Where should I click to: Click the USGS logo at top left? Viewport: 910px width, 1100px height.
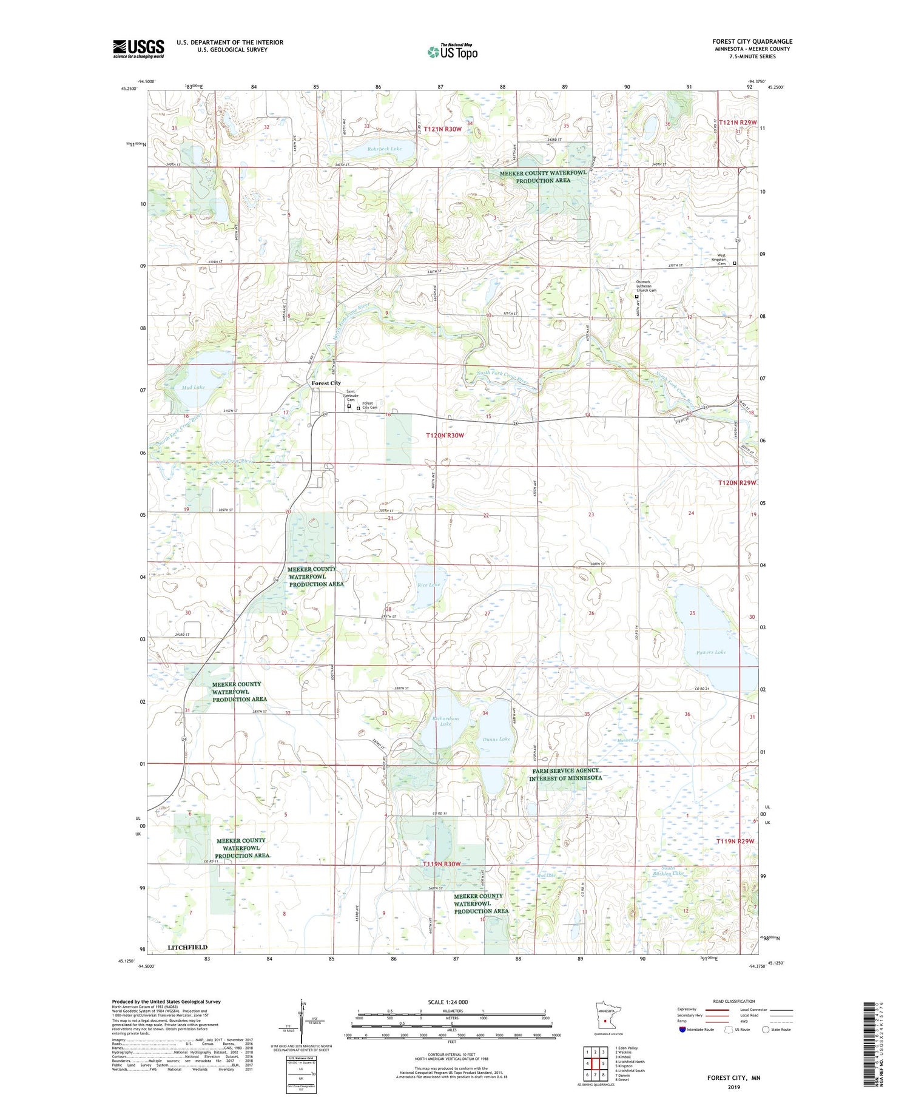(138, 49)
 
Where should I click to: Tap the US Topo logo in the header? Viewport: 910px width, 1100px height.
(453, 52)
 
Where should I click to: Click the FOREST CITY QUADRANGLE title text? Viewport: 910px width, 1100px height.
(752, 41)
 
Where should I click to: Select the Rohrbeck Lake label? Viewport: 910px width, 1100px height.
(384, 149)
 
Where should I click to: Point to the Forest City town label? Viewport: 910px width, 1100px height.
(326, 383)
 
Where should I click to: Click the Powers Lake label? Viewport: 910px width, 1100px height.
(711, 652)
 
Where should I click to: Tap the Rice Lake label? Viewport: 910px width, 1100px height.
(428, 585)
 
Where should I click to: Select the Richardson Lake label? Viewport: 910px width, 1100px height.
(445, 721)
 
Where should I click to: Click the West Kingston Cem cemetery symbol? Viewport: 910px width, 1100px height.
(735, 263)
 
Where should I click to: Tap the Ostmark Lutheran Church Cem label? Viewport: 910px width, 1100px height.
(646, 286)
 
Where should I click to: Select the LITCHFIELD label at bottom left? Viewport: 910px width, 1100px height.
(187, 947)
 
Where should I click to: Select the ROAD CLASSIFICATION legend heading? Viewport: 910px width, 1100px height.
(734, 1001)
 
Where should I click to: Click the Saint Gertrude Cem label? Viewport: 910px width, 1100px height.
(351, 395)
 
